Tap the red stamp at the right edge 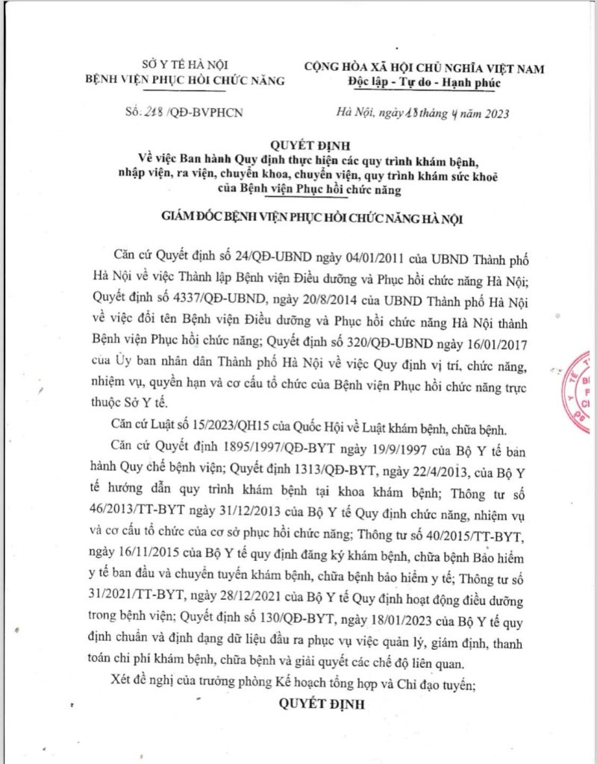click(x=587, y=389)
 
